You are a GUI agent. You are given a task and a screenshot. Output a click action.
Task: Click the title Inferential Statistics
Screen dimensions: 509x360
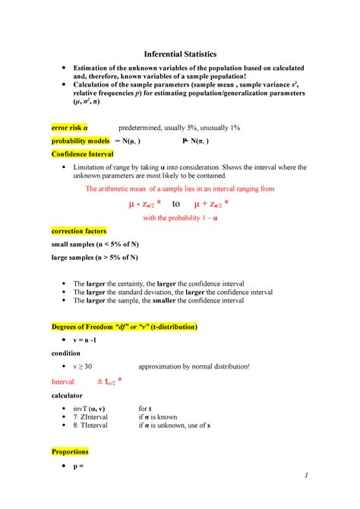pyautogui.click(x=180, y=54)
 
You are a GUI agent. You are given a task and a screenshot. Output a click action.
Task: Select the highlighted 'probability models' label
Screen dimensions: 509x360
pyautogui.click(x=78, y=141)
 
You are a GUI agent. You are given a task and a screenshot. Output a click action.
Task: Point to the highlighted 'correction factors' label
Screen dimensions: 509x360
pyautogui.click(x=78, y=230)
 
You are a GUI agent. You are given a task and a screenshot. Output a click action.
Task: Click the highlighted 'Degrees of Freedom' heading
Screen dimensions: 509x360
pyautogui.click(x=124, y=327)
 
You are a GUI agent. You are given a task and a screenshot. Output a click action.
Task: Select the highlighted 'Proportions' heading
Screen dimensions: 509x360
pyautogui.click(x=70, y=451)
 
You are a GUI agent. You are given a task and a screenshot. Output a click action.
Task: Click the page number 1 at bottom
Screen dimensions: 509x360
pyautogui.click(x=304, y=476)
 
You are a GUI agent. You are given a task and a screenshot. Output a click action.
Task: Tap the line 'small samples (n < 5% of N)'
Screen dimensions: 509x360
pyautogui.click(x=94, y=245)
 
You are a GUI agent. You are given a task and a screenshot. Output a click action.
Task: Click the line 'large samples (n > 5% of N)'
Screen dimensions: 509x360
pyautogui.click(x=94, y=258)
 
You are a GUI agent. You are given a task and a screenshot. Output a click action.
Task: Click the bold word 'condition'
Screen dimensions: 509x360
pyautogui.click(x=67, y=353)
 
